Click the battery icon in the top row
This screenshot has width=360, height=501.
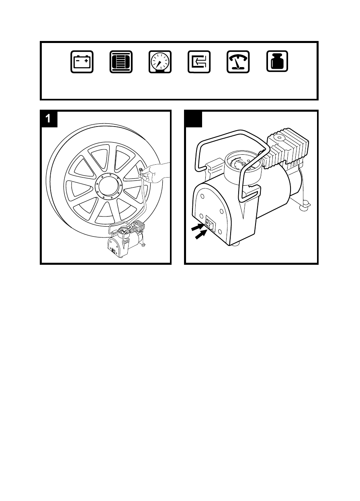(x=82, y=62)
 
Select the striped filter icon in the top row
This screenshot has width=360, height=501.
(x=121, y=62)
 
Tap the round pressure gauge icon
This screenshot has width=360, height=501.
(x=160, y=62)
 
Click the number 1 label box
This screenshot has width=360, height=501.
(x=49, y=119)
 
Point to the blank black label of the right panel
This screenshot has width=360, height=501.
(x=193, y=119)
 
